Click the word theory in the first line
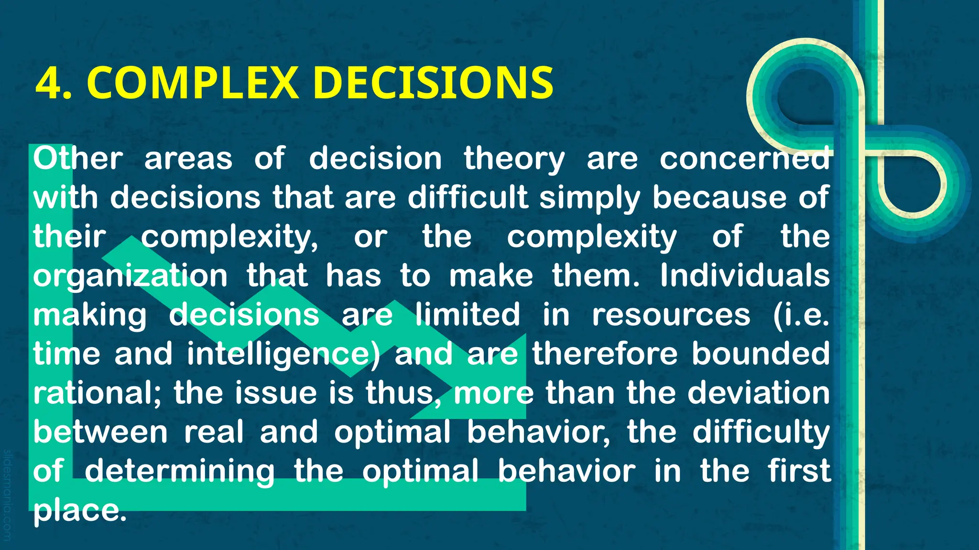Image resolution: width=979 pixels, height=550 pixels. (514, 159)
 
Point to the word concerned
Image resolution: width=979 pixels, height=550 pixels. (744, 159)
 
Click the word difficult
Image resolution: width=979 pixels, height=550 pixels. (468, 197)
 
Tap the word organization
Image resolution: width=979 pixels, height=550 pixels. (130, 276)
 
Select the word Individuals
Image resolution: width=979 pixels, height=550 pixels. (744, 275)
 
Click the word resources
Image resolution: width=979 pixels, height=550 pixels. (671, 315)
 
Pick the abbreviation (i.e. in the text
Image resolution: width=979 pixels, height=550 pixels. (801, 315)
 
